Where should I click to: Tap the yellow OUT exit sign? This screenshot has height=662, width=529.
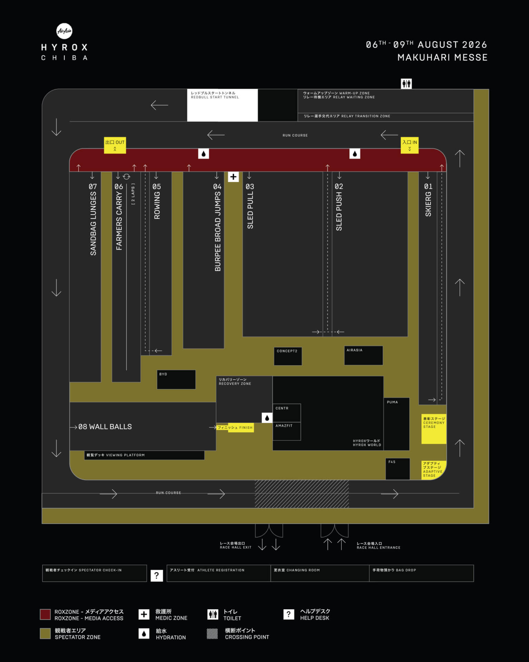pyautogui.click(x=115, y=145)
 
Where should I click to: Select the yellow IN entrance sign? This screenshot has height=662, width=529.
pyautogui.click(x=410, y=145)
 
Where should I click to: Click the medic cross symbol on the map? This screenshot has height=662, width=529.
pyautogui.click(x=233, y=177)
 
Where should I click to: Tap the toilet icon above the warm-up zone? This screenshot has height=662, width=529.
pyautogui.click(x=406, y=83)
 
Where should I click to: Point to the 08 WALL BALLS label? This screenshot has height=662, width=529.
pyautogui.click(x=105, y=427)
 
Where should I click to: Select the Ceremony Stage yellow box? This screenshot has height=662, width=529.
pyautogui.click(x=434, y=429)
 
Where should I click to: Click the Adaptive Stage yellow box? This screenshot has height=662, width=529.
pyautogui.click(x=433, y=470)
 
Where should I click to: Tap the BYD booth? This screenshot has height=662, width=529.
pyautogui.click(x=176, y=379)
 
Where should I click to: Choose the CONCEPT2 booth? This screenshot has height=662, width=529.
pyautogui.click(x=288, y=356)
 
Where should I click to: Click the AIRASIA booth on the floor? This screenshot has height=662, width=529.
pyautogui.click(x=363, y=355)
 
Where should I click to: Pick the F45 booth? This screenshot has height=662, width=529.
pyautogui.click(x=398, y=469)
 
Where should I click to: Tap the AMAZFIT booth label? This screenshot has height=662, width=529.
pyautogui.click(x=284, y=426)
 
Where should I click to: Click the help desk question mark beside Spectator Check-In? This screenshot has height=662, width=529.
pyautogui.click(x=156, y=575)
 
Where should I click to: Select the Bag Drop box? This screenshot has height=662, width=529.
pyautogui.click(x=421, y=573)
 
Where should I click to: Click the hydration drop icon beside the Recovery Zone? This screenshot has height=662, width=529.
pyautogui.click(x=267, y=418)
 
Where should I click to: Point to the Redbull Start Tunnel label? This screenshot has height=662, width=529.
pyautogui.click(x=215, y=95)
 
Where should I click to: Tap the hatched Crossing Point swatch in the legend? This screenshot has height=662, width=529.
pyautogui.click(x=212, y=634)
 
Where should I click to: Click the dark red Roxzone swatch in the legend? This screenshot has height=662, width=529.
pyautogui.click(x=45, y=614)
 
